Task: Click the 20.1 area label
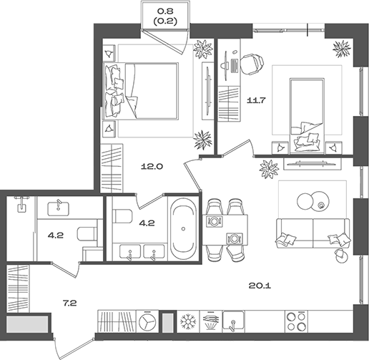coord(260,286)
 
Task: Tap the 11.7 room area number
coord(256,100)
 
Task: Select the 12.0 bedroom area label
coord(152,167)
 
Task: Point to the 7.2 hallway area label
coord(69,303)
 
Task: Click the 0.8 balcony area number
coord(165,11)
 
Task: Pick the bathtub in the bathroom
coord(183,228)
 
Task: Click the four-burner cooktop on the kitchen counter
coord(296,321)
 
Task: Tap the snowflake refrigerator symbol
coord(188,321)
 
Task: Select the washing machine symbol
coord(147,321)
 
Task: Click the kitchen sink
coord(233,321)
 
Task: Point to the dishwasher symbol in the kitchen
coord(211,321)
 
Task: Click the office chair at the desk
coord(252,64)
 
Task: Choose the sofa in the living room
coord(313,233)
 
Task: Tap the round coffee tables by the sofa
coord(313,200)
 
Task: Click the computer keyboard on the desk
coord(235,66)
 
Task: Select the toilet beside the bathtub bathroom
coord(122,216)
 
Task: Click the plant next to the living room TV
coord(269,168)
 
